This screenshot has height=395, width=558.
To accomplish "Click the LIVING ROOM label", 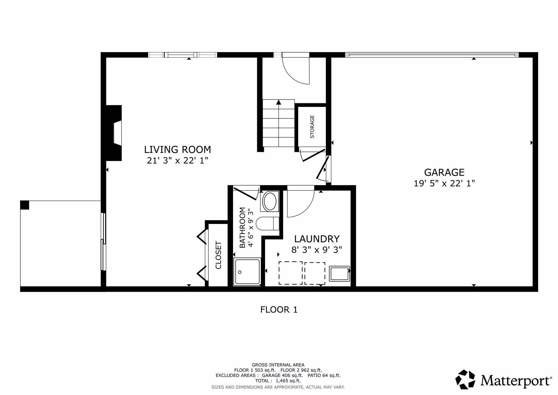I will pos(177,150).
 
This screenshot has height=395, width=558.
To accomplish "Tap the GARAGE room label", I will pos(444,172).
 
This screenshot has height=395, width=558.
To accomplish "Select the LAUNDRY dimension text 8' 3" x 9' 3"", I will pos(316,250).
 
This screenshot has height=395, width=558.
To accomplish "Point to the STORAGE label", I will pos(312,127).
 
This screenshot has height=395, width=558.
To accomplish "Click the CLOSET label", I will pos(218,255).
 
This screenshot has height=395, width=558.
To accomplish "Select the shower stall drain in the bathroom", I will pos(240,272).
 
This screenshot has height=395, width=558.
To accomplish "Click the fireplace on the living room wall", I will pos(115,133).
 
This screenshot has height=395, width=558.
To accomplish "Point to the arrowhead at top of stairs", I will pos(278,102).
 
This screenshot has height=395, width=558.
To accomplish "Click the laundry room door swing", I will pos(300,204).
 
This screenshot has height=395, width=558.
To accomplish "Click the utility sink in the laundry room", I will pos(339,274).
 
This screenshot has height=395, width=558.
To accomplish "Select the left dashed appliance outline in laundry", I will pos(290,273).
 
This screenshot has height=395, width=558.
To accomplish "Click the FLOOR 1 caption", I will pos(279,309).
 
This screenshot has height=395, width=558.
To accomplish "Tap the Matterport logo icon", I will pos(465,379).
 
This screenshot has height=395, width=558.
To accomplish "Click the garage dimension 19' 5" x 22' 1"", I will pos(444,183).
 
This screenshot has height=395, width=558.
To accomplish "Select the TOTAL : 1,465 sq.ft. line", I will pos(278,380).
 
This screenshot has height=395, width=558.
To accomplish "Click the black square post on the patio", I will pos(25,205).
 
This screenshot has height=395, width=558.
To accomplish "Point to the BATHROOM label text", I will pos(242,228).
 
